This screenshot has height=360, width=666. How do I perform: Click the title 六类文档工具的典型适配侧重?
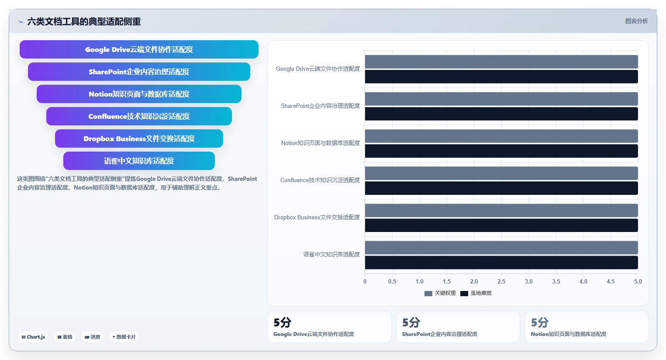(x=84, y=21)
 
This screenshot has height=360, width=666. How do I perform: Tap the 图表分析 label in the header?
(x=636, y=21)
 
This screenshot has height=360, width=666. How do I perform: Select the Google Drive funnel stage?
(x=139, y=49)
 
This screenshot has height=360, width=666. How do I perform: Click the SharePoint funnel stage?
(x=139, y=72)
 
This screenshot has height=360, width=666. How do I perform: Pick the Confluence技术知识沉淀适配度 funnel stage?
(x=139, y=116)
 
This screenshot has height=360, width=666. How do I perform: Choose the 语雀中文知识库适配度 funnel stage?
(x=139, y=161)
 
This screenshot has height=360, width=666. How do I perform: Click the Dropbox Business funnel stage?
(x=139, y=138)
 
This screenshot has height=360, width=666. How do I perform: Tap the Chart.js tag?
(x=33, y=337)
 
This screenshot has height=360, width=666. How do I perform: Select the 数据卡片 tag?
(x=124, y=337)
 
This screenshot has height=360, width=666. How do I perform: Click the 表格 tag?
(x=65, y=337)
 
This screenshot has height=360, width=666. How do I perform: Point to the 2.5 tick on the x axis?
(x=501, y=281)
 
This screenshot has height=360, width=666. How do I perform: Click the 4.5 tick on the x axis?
(x=611, y=281)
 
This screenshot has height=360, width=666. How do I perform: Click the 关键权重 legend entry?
(x=440, y=293)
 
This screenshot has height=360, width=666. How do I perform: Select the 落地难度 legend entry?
(x=476, y=293)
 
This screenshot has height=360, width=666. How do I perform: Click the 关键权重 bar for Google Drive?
(x=501, y=62)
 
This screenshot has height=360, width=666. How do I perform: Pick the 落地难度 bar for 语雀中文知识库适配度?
(x=501, y=263)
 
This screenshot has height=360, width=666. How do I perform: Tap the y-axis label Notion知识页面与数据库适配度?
(x=321, y=143)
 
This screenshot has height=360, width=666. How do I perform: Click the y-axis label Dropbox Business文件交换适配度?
(x=317, y=218)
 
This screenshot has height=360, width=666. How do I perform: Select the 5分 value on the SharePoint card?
(x=411, y=322)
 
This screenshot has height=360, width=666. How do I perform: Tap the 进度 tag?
(x=92, y=337)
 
